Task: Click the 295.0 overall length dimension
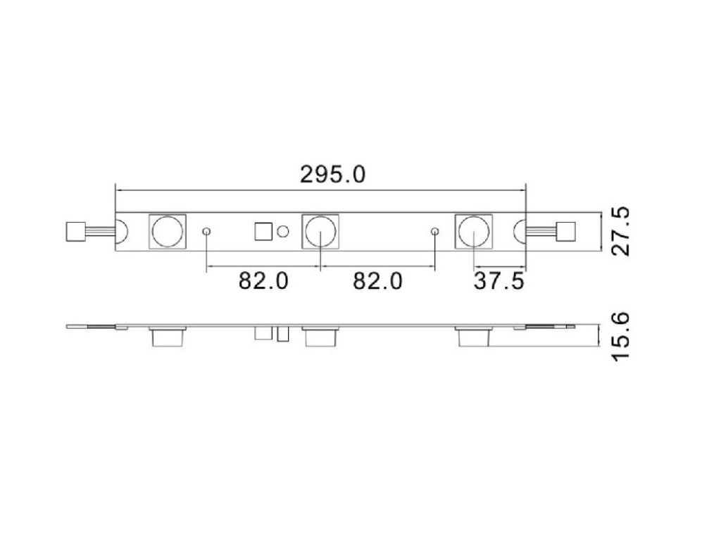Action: pyautogui.click(x=332, y=175)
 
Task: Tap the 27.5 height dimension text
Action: pyautogui.click(x=621, y=231)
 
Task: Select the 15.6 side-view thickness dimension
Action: pyautogui.click(x=621, y=336)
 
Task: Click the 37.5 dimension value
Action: pyautogui.click(x=499, y=281)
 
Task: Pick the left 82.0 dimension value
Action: pyautogui.click(x=263, y=280)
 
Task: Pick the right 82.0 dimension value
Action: pyautogui.click(x=377, y=280)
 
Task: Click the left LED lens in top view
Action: pyautogui.click(x=168, y=231)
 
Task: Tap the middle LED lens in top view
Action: pyautogui.click(x=320, y=231)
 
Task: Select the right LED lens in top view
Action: pyautogui.click(x=474, y=231)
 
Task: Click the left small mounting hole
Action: pyautogui.click(x=207, y=231)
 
